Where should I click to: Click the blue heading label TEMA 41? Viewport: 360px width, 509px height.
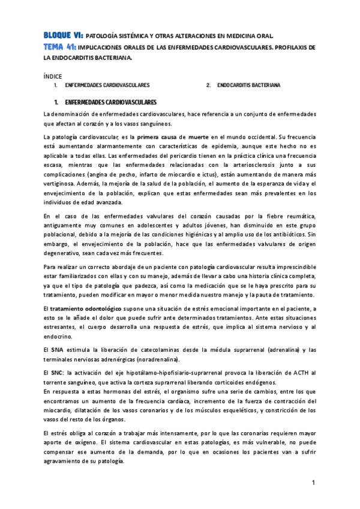(x=60, y=47)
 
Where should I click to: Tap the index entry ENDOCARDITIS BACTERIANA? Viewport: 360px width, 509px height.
(x=248, y=86)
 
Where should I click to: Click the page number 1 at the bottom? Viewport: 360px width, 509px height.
(x=313, y=483)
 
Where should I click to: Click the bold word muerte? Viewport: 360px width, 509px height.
(x=198, y=137)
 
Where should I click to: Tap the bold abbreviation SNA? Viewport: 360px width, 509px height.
(x=58, y=349)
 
